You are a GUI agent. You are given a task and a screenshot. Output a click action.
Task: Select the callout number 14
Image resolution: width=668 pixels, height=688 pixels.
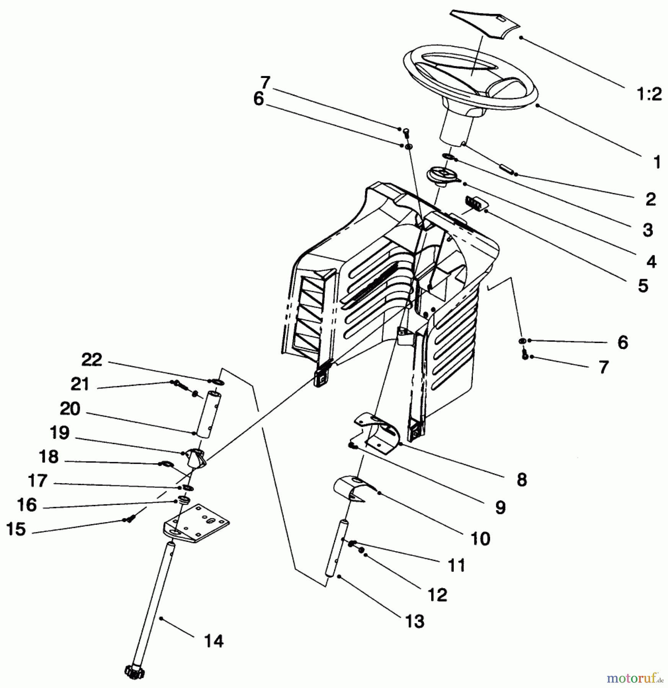click(214, 641)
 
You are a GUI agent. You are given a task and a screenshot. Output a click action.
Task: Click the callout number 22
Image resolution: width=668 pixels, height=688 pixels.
click(92, 360)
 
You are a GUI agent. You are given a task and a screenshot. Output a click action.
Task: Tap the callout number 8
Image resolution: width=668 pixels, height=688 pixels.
click(521, 480)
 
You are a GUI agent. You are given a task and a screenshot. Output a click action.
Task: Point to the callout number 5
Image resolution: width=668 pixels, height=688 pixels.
click(643, 286)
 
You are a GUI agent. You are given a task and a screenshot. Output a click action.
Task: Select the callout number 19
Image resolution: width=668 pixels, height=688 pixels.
click(60, 433)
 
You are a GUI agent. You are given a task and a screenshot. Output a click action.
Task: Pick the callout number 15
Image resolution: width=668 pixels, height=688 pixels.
click(16, 529)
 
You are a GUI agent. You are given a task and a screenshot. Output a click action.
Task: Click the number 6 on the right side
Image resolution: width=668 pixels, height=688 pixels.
click(622, 342)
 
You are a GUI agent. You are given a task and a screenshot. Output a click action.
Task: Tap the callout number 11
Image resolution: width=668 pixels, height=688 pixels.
click(456, 565)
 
